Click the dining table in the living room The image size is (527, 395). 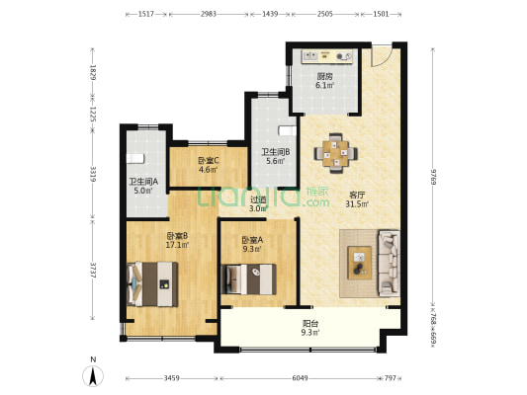(336, 153)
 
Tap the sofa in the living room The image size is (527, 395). (390, 264)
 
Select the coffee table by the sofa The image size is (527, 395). (360, 263)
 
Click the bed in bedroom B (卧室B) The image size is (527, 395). (152, 284)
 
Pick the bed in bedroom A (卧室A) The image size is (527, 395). (249, 279)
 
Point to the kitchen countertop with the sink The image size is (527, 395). (327, 56)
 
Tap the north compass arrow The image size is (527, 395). (93, 375)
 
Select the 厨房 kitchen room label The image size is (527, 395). (324, 76)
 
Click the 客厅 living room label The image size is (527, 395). (357, 195)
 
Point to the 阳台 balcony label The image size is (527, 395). (310, 324)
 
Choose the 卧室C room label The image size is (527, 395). (209, 160)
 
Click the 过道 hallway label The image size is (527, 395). (258, 199)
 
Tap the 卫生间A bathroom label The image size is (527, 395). (143, 182)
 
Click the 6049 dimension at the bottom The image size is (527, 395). (300, 378)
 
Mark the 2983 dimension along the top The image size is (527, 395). (209, 14)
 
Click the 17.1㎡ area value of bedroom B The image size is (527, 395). (177, 245)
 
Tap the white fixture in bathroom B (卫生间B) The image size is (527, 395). (288, 130)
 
